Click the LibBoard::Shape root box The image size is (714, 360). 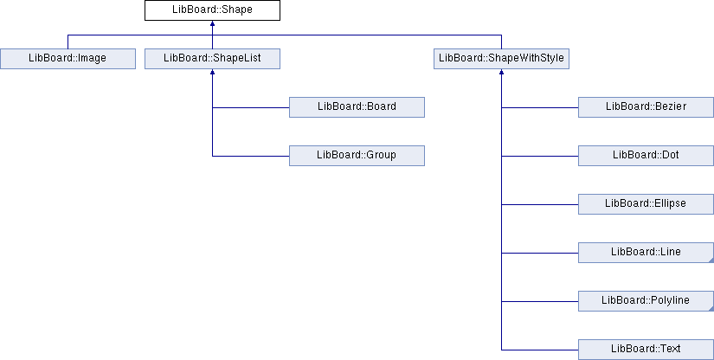click(212, 10)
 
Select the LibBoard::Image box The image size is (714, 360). click(68, 59)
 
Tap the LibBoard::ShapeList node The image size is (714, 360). click(212, 59)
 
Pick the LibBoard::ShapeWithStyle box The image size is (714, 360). click(501, 59)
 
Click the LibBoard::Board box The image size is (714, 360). click(357, 107)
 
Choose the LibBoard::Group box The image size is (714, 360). click(357, 156)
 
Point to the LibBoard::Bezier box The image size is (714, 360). click(646, 107)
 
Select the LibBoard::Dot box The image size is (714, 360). click(646, 156)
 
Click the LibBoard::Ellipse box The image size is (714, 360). click(646, 204)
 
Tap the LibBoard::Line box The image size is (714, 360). click(646, 253)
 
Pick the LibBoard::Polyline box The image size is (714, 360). click(646, 301)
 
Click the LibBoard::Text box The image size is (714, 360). click(646, 350)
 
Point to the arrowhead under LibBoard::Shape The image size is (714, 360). click(212, 23)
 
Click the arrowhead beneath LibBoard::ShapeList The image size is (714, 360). click(212, 72)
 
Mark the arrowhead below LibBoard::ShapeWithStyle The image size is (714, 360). click(501, 72)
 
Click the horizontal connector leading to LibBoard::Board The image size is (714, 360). click(251, 108)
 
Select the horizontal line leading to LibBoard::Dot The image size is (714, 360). click(540, 156)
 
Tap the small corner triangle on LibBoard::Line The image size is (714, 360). click(711, 260)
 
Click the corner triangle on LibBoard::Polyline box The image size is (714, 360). click(711, 309)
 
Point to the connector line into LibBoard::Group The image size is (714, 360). click(251, 156)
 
